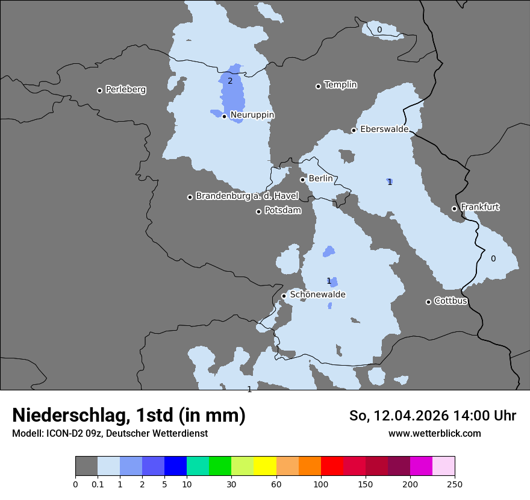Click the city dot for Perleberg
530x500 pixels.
99,90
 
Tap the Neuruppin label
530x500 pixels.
252,114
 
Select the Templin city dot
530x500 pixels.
318,86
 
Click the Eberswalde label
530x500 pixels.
384,129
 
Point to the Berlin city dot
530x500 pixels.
302,180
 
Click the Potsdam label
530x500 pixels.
282,211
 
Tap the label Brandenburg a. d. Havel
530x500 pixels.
246,196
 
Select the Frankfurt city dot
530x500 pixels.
454,209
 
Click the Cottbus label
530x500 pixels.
450,301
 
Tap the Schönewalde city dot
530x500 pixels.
284,296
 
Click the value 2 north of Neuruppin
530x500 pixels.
229,81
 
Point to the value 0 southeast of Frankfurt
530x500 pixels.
493,258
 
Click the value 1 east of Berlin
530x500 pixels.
390,182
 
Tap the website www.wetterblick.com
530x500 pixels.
434,434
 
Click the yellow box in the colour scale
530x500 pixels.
265,466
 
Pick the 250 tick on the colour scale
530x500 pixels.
455,484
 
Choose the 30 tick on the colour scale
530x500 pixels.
231,484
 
